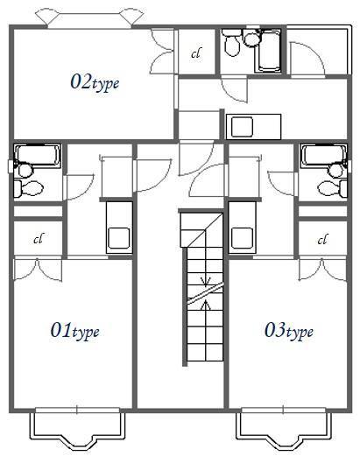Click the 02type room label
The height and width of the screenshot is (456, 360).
(x=95, y=82)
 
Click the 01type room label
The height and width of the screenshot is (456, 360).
(x=74, y=331)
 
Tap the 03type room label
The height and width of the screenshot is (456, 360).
(x=289, y=331)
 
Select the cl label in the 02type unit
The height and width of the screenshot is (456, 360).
(x=196, y=53)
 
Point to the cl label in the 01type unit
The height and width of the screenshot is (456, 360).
(x=39, y=239)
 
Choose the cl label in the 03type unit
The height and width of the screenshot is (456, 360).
(x=322, y=240)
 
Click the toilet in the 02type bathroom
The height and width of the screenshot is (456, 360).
(x=231, y=43)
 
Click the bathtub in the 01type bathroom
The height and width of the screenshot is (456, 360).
(x=37, y=155)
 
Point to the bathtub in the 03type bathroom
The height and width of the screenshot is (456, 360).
(x=324, y=155)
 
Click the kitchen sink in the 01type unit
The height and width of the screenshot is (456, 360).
(x=119, y=238)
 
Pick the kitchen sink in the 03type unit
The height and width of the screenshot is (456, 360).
(x=242, y=238)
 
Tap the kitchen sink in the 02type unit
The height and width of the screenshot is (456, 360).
(x=242, y=127)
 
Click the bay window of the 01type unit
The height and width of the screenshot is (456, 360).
(x=77, y=431)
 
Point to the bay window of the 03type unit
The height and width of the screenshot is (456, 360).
(x=284, y=431)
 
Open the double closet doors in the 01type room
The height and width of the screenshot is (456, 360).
(x=38, y=270)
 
